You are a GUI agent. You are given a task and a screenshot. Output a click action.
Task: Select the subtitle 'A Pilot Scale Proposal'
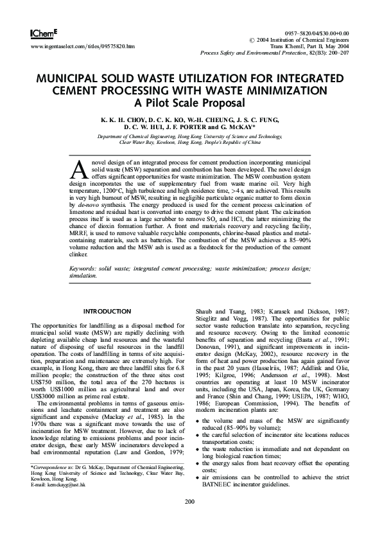tap(190, 102)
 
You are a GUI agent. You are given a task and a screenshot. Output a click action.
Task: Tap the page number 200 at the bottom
tap(190, 519)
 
